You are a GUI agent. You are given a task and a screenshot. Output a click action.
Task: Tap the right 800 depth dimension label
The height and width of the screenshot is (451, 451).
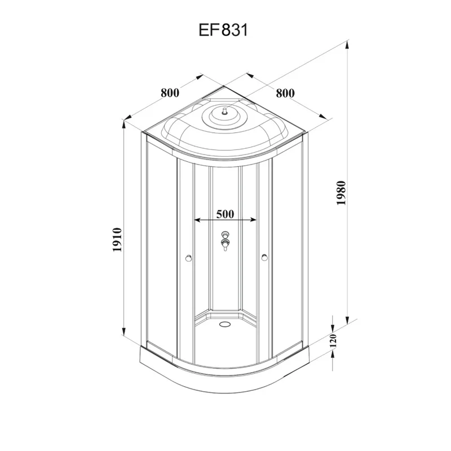coord(285,93)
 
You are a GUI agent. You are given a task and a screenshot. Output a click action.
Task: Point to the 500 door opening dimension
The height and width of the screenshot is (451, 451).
coord(225,214)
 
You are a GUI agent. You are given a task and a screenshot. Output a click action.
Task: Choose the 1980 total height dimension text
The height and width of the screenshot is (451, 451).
coord(341,194)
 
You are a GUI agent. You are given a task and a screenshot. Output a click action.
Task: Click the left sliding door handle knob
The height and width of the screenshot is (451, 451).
coord(188,259)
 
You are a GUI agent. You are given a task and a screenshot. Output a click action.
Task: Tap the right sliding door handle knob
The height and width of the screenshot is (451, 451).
coord(264,259)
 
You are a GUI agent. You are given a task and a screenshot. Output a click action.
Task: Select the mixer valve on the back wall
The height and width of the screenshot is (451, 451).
coord(225,240)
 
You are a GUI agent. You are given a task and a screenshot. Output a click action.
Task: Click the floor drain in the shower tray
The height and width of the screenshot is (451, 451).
coord(225,324)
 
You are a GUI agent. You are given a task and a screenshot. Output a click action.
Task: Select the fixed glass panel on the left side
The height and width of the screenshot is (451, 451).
coord(160,248)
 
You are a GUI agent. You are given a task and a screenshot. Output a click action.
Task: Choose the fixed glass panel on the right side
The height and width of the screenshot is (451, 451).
coord(291,248)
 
